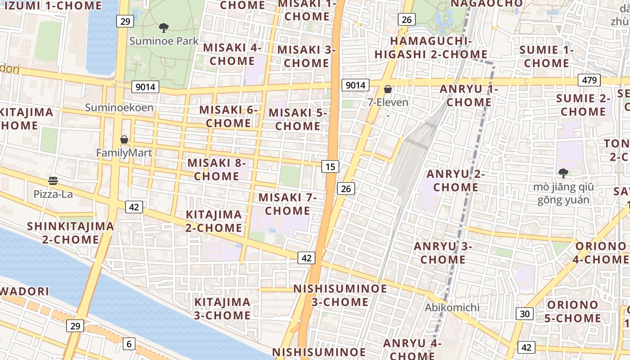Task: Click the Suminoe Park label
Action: [164, 41]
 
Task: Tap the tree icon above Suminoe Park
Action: [164, 28]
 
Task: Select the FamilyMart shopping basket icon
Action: [124, 139]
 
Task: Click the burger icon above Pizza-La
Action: [53, 181]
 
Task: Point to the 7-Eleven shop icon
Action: [387, 89]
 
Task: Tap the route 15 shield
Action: [330, 166]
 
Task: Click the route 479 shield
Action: [589, 80]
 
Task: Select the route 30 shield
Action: [525, 314]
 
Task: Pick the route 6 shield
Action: [129, 344]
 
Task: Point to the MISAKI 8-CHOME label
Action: [216, 169]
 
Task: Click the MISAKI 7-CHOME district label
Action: [288, 204]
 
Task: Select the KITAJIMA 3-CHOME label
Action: [222, 308]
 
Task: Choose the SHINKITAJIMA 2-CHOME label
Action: [71, 232]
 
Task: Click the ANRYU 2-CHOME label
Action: [455, 180]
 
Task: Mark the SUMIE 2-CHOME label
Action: [583, 105]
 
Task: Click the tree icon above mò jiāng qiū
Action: [563, 173]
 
